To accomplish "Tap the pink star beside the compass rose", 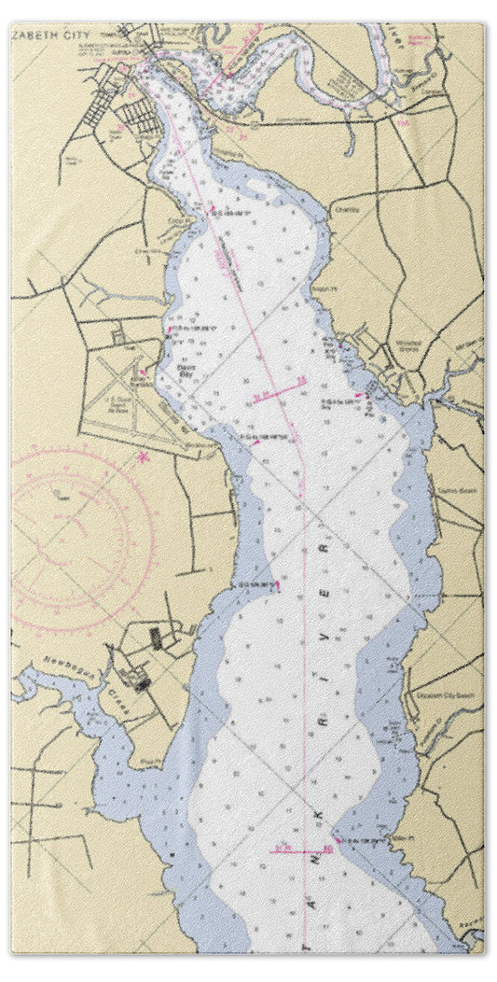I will tap(143, 456).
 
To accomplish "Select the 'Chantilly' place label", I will tap(346, 210).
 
